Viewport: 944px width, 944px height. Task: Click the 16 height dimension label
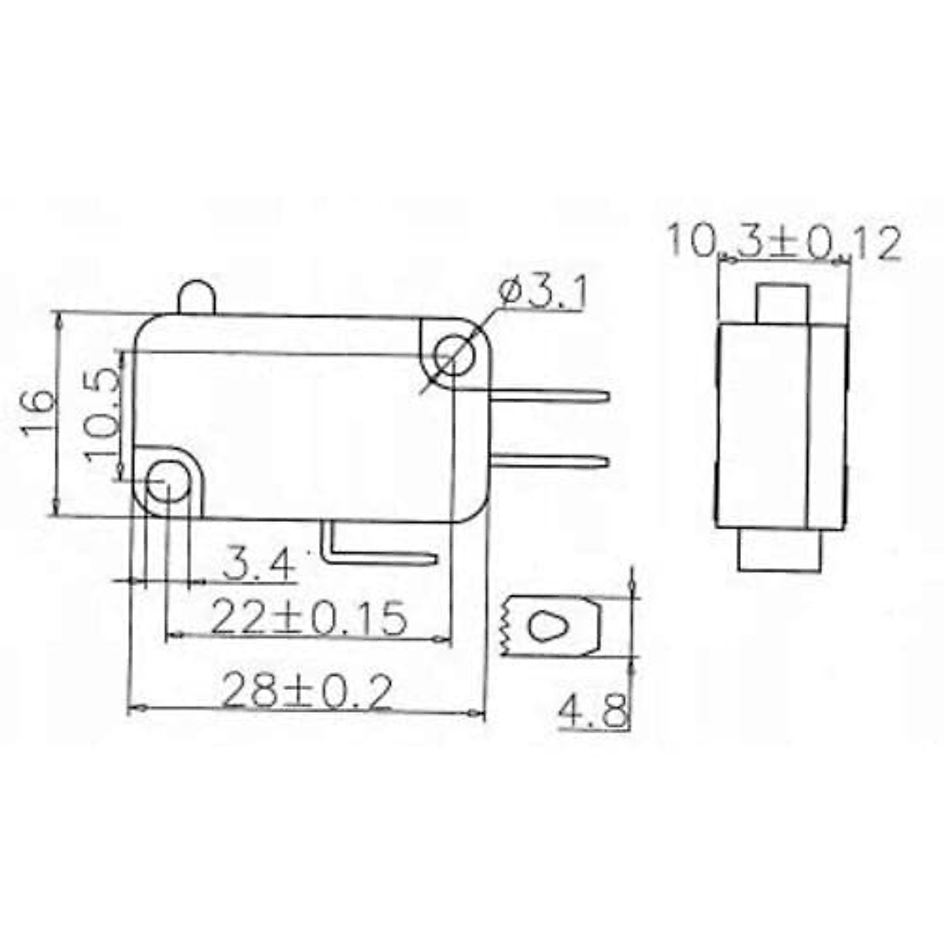pos(38,412)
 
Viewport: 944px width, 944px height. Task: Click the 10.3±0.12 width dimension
pos(784,243)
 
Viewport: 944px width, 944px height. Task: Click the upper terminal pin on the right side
pos(551,396)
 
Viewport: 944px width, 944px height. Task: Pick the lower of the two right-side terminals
pos(551,461)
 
